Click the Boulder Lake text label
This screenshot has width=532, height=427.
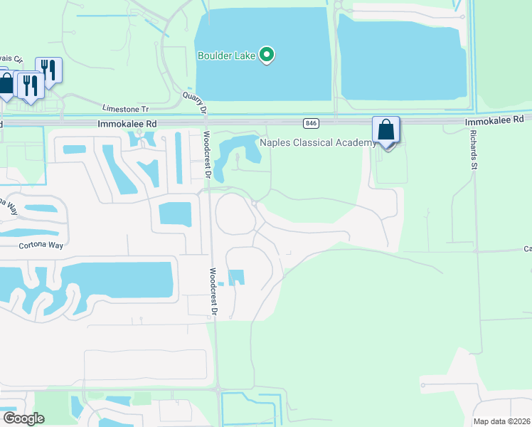(x=227, y=55)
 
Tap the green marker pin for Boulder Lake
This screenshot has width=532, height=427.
(x=267, y=55)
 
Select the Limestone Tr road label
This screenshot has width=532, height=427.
(x=125, y=109)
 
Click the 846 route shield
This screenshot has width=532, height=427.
(x=311, y=123)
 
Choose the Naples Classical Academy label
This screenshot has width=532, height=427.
(x=317, y=143)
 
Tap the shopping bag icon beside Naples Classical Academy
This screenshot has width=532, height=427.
(x=386, y=130)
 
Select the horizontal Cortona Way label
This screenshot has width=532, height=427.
(x=41, y=245)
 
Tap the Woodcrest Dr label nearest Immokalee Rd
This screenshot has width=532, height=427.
(x=207, y=154)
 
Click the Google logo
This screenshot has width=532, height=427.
(x=23, y=418)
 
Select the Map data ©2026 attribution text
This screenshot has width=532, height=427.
(x=502, y=421)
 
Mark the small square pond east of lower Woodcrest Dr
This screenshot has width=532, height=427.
(x=235, y=278)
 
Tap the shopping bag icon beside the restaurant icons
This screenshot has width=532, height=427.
(x=6, y=83)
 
